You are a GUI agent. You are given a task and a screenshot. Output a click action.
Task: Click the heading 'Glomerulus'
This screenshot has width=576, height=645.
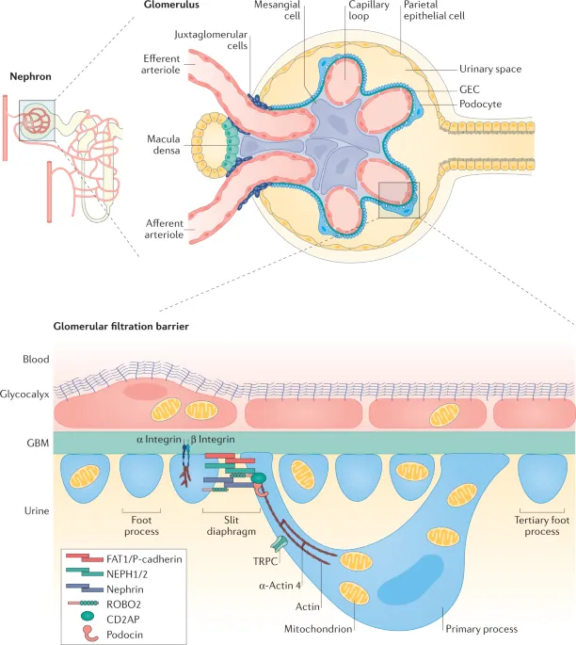171,7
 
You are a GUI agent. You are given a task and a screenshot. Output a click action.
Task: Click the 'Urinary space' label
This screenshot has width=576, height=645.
490,69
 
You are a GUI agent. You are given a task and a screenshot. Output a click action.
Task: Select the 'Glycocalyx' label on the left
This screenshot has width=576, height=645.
25,397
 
